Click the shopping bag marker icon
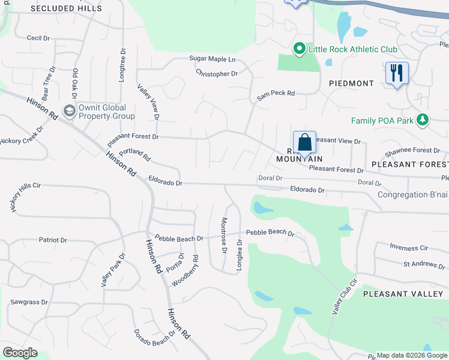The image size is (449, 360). pyautogui.click(x=304, y=143)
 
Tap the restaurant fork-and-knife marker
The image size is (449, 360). pyautogui.click(x=397, y=73)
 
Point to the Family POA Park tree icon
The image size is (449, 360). pyautogui.click(x=423, y=120)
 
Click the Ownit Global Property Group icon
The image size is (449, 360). pyautogui.click(x=69, y=110)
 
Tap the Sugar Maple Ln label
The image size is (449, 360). pyautogui.click(x=212, y=59)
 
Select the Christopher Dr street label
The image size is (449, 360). pyautogui.click(x=217, y=74)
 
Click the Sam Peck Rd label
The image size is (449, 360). pyautogui.click(x=276, y=94)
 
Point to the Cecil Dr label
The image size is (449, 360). pyautogui.click(x=38, y=38)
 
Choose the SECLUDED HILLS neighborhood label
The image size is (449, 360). pyautogui.click(x=58, y=8)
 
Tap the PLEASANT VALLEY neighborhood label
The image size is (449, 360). pyautogui.click(x=402, y=293)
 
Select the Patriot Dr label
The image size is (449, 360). pyautogui.click(x=53, y=240)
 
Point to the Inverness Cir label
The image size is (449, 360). pyautogui.click(x=409, y=247)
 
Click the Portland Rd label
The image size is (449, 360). pyautogui.click(x=134, y=155)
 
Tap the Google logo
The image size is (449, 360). pyautogui.click(x=20, y=353)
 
